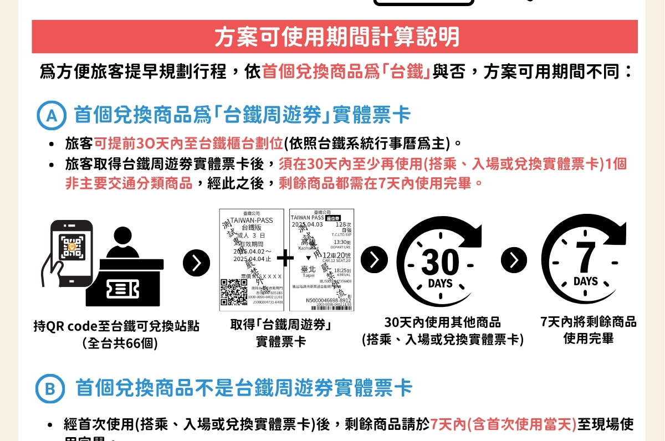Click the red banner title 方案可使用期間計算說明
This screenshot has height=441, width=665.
click(x=336, y=37)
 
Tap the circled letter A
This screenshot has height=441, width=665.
click(x=51, y=116)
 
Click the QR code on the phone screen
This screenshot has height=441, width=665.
click(x=72, y=248)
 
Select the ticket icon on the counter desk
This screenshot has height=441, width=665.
click(x=122, y=288)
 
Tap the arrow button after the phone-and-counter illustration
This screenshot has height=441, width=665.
click(x=197, y=263)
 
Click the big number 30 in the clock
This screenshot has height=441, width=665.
click(x=440, y=263)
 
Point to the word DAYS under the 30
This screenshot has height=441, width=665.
click(x=440, y=284)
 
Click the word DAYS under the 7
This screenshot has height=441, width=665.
click(x=586, y=281)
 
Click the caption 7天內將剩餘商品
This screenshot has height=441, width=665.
click(x=589, y=322)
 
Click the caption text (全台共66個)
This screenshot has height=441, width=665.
click(x=120, y=343)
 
